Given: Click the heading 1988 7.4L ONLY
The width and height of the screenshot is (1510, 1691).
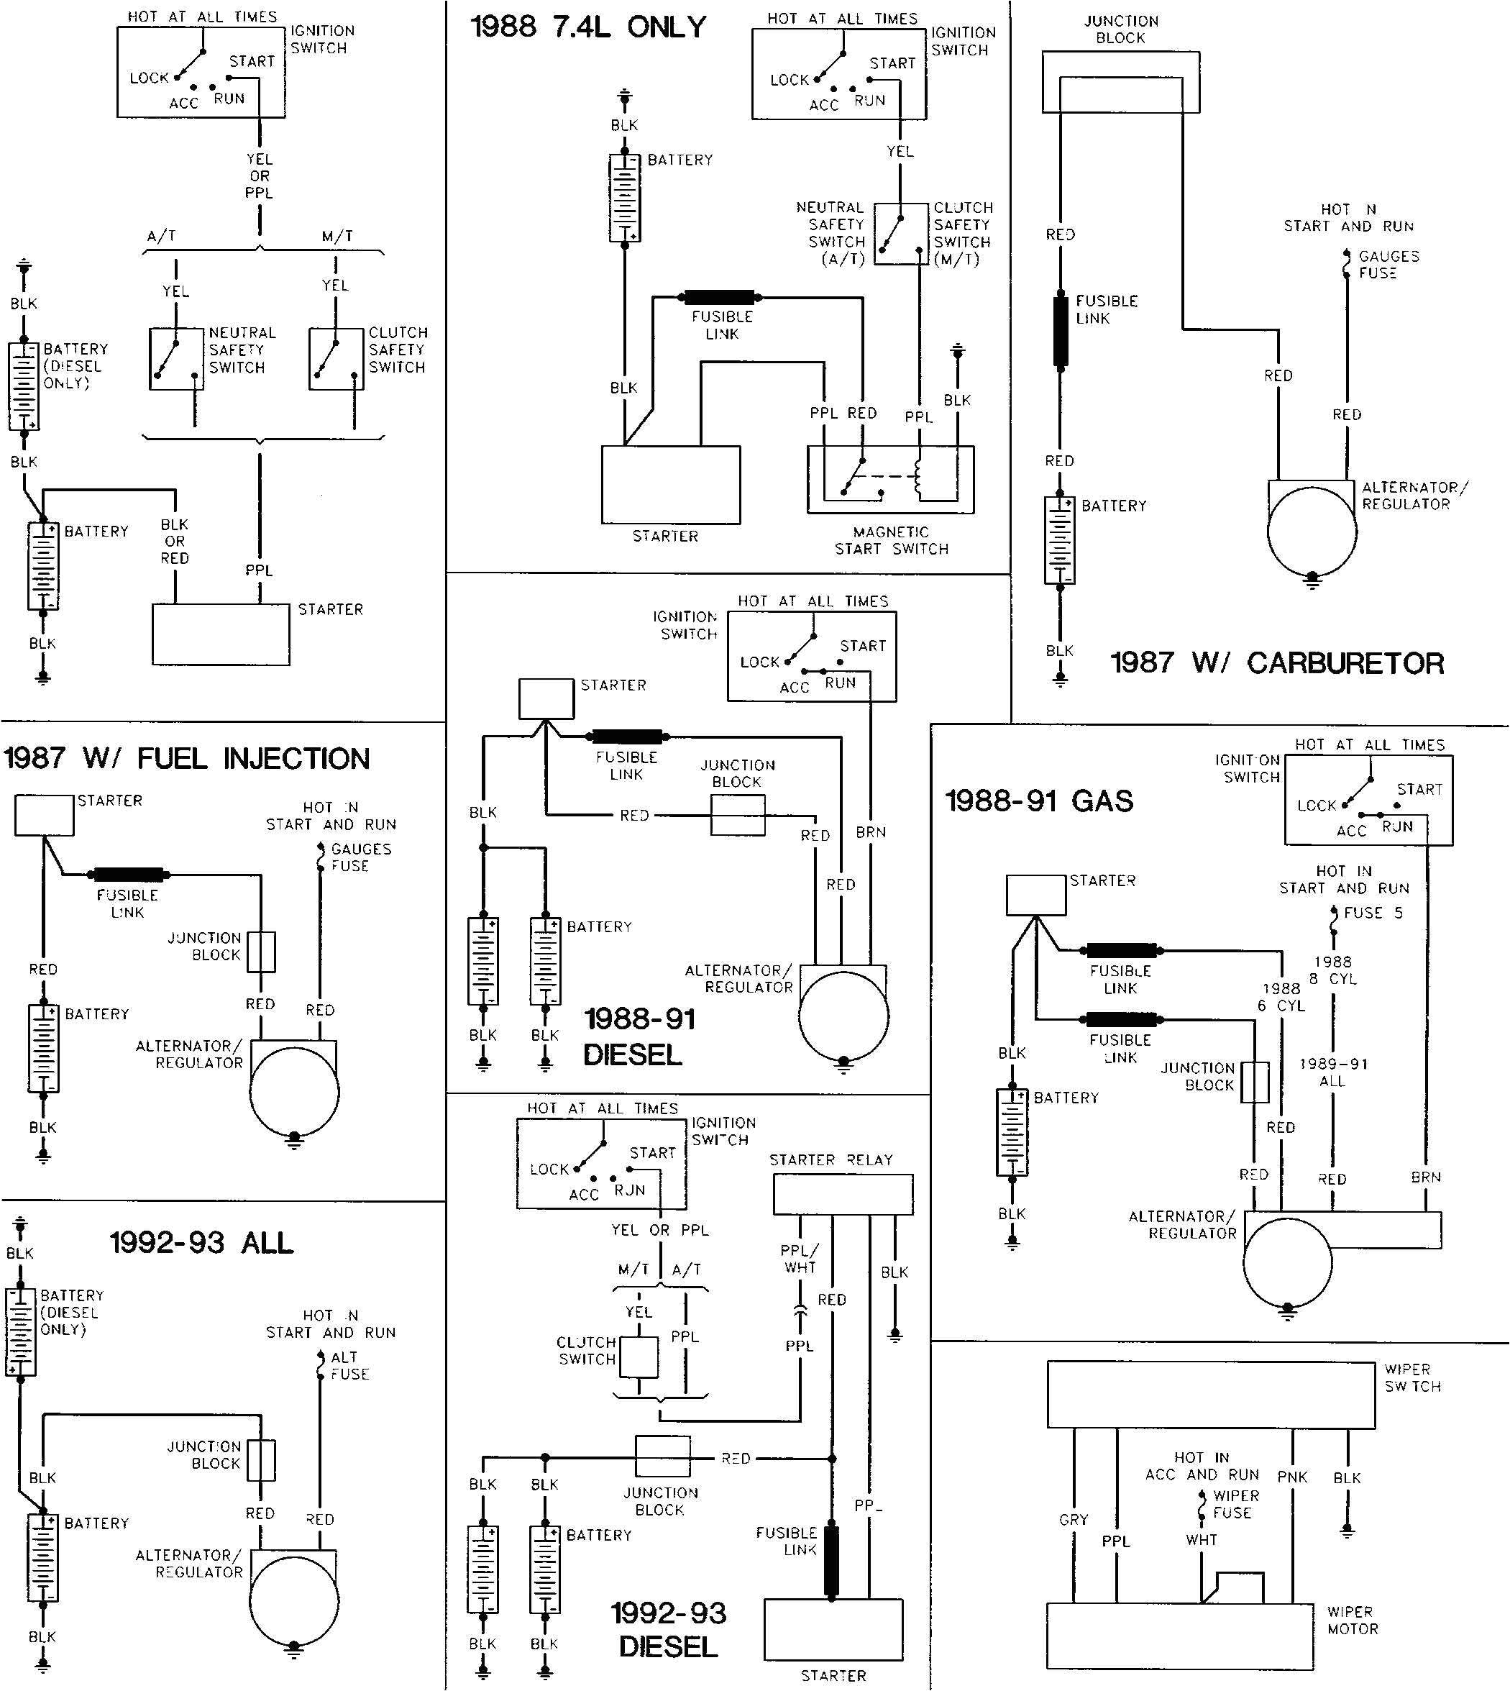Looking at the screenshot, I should tap(588, 27).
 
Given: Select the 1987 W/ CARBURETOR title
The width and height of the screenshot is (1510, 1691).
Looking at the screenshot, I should tap(1277, 663).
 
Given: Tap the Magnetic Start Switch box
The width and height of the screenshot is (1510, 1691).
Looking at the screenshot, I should tap(889, 480).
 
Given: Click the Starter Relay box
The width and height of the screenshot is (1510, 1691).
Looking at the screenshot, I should tap(842, 1195).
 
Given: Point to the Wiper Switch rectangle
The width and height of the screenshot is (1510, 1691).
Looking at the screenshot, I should tap(1210, 1395).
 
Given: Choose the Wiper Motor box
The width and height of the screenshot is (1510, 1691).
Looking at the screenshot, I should tap(1180, 1636).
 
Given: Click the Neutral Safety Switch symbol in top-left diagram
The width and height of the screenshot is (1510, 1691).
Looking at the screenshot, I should tap(176, 358).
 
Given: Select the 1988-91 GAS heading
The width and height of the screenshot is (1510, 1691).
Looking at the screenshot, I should tap(1039, 801).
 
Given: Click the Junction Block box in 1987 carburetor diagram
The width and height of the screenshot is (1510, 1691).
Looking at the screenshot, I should tap(1120, 81).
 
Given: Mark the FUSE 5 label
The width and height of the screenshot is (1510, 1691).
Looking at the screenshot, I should tap(1373, 913).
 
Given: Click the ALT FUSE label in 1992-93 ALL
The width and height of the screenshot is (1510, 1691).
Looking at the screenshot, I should tap(349, 1366).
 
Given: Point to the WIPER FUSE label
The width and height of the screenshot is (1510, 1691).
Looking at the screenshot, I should tap(1235, 1504).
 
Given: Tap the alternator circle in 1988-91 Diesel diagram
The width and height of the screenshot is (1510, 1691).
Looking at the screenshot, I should tap(843, 1016).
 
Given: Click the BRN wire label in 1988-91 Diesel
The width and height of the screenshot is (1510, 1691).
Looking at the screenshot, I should tap(871, 832).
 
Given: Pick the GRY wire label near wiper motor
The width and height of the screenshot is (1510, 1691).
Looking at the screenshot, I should tap(1073, 1519).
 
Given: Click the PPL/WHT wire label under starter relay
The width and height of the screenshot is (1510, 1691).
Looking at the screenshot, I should tap(800, 1259).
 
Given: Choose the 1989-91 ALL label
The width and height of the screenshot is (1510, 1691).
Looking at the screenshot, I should tap(1332, 1072).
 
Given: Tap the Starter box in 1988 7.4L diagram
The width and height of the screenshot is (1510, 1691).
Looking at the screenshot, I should tap(670, 485).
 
